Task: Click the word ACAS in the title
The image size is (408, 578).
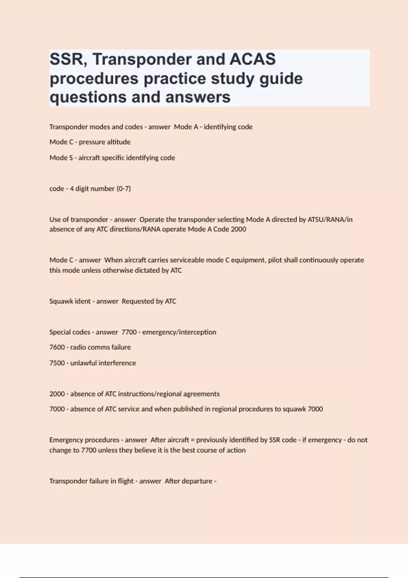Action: [x=253, y=59]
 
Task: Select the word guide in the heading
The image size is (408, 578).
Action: [x=281, y=79]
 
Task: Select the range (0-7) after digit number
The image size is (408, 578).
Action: [x=124, y=189]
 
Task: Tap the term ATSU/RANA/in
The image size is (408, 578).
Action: [x=330, y=220]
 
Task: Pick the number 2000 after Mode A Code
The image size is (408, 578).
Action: [x=238, y=229]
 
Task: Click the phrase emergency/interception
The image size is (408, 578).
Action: [x=179, y=332]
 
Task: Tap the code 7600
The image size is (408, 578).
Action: [x=57, y=347]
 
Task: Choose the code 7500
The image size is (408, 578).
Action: [x=57, y=363]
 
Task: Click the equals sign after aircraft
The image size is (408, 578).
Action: [x=193, y=440]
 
